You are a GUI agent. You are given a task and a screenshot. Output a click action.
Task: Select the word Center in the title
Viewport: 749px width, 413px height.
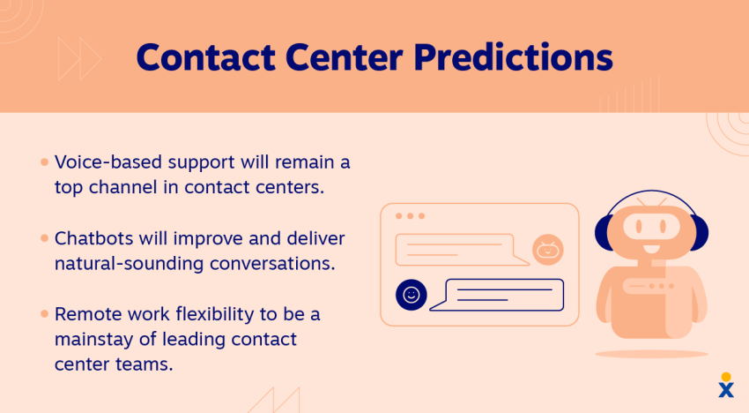[x=345, y=57]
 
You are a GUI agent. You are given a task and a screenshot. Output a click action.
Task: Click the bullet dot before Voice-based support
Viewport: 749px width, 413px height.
[x=44, y=162]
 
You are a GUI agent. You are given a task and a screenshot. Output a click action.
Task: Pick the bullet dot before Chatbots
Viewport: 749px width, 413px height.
[x=44, y=238]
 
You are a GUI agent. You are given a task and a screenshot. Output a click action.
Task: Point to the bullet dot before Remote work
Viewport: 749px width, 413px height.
[x=44, y=314]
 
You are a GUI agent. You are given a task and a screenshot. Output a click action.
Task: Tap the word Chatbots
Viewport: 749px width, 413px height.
[x=93, y=238]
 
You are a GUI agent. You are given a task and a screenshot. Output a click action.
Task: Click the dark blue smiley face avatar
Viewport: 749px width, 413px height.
[x=412, y=295]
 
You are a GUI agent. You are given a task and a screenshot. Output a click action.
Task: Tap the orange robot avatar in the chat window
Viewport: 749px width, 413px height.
[x=548, y=250]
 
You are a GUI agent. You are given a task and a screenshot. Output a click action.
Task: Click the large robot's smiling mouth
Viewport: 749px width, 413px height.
[x=651, y=250]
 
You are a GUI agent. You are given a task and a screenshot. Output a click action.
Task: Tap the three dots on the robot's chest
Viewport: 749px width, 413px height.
[x=661, y=286]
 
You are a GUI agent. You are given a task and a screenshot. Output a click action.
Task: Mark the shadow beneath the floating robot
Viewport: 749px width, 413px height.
[x=651, y=354]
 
